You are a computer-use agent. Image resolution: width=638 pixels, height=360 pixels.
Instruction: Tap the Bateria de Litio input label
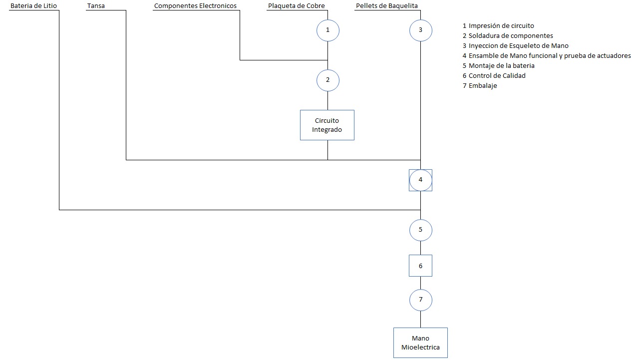(x=33, y=6)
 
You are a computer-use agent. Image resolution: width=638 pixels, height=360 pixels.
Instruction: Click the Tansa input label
(x=96, y=6)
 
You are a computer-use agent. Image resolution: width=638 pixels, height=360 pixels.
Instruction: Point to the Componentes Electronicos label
(x=195, y=6)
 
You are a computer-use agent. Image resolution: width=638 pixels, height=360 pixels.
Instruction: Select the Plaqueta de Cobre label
(x=296, y=6)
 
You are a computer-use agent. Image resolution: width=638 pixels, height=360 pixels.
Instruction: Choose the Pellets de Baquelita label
(x=387, y=6)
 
